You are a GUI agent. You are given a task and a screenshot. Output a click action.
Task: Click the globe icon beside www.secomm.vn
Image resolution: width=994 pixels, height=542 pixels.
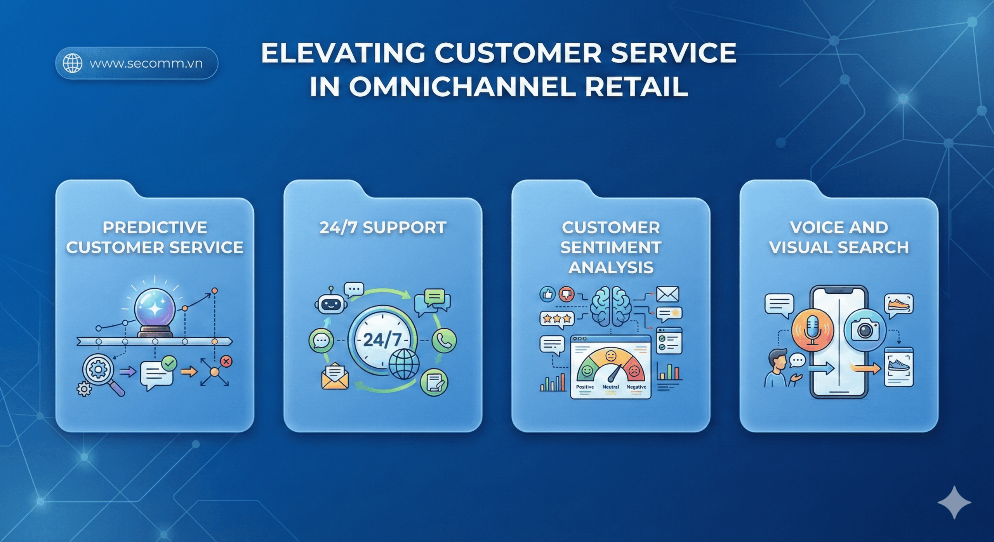pos(73,63)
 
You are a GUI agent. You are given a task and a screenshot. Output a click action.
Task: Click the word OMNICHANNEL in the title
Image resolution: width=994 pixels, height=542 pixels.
pos(462,87)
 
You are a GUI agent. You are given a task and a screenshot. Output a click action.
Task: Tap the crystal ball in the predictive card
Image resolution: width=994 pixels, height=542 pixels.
pos(155,309)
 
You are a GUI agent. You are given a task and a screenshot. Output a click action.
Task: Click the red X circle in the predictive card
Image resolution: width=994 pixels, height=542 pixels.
pos(226,361)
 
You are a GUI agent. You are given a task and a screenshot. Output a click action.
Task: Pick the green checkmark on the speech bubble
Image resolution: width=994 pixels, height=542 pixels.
pos(169,363)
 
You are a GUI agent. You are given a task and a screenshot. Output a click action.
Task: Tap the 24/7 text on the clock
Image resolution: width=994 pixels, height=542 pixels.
pos(382,340)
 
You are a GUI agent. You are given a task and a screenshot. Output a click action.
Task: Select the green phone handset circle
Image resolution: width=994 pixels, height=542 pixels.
pos(444,340)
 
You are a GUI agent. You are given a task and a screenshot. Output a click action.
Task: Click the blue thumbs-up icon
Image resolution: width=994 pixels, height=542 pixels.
pos(547,294)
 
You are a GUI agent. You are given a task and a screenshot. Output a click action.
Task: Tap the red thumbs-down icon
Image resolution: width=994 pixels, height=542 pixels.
pos(567,294)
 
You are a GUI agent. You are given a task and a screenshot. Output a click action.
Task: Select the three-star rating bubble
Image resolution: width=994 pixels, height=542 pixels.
pos(557,319)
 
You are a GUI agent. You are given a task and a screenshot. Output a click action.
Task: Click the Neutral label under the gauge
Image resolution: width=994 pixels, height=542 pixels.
pos(610,387)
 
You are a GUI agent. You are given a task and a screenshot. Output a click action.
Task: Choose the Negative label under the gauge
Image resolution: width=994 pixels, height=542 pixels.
pos(636,387)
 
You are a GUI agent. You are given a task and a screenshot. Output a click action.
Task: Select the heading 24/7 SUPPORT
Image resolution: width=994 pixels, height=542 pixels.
pos(382,228)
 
